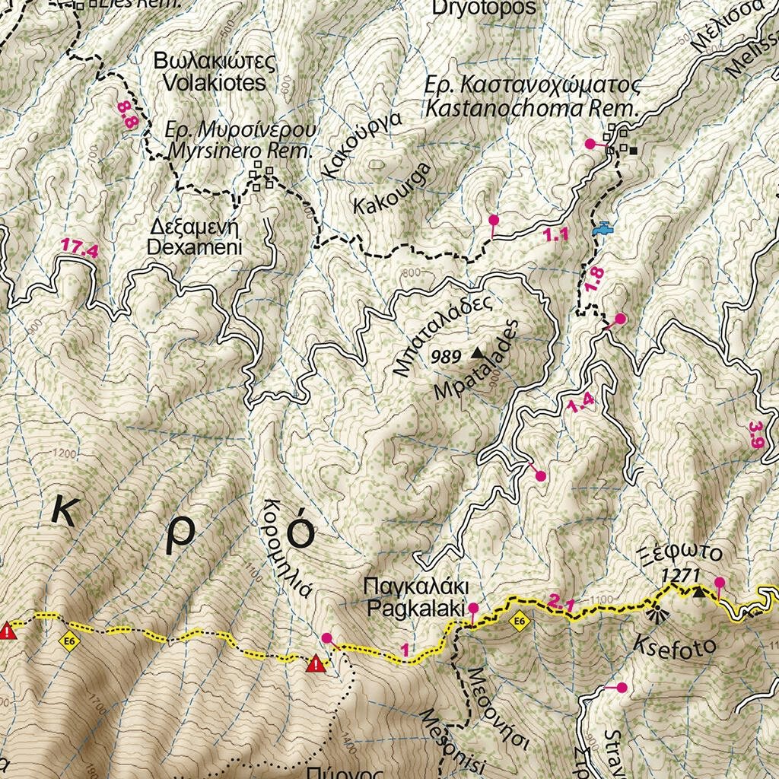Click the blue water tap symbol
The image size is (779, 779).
601,227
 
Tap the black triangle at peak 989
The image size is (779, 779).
477,352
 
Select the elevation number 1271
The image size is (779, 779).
679,576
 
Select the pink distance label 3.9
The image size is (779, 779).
755,434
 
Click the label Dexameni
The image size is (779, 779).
194,247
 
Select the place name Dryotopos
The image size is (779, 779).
484,9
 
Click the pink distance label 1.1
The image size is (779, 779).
557,235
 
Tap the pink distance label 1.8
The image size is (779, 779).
595,278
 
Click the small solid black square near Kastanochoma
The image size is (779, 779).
634,150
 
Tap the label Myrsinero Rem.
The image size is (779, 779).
240,151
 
